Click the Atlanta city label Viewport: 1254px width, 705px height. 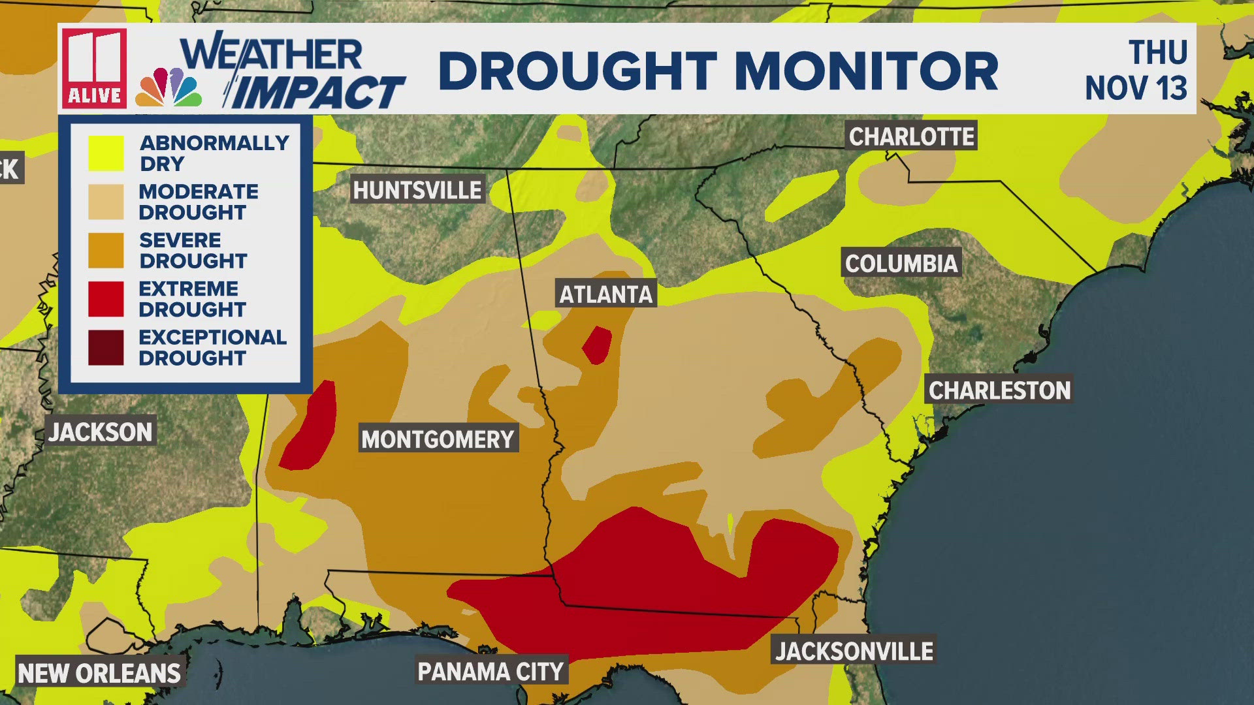point(606,294)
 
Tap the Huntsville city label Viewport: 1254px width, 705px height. point(417,190)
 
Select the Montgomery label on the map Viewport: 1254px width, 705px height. point(438,439)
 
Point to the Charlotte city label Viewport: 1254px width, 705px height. point(911,136)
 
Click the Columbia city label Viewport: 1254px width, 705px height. point(901,264)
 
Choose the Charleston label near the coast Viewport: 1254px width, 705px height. point(999,390)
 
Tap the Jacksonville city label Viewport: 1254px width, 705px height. point(854,651)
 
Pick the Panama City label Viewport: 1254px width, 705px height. point(490,671)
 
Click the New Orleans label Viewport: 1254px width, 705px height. point(99,673)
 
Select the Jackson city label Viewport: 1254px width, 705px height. point(101,432)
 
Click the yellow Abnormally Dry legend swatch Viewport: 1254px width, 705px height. point(106,153)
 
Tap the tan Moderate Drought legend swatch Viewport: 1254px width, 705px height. point(106,202)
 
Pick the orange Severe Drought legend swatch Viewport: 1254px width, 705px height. point(106,251)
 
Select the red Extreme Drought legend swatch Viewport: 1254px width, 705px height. point(106,299)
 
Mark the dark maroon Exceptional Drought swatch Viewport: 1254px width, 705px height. point(106,347)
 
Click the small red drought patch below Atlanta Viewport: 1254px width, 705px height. point(597,345)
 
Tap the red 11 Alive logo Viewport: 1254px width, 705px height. point(95,68)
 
